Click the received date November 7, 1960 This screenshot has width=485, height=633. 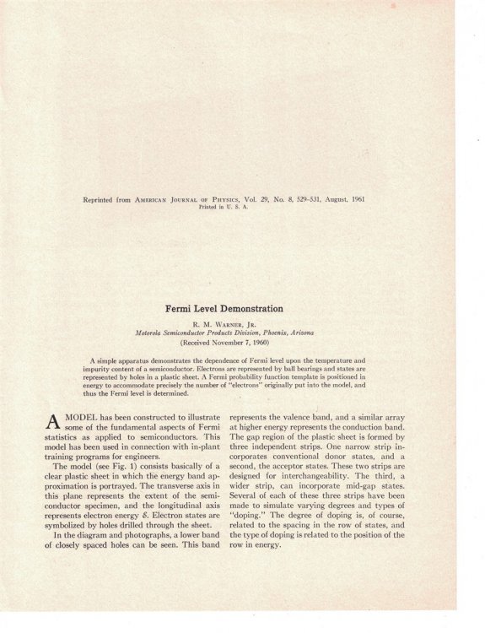tap(240, 344)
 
